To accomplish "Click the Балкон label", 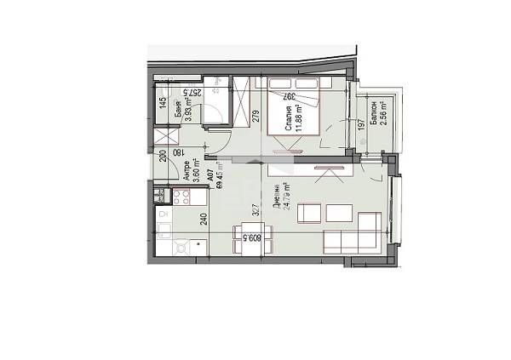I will tap(374, 111).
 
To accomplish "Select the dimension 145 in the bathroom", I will tap(162, 106).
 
